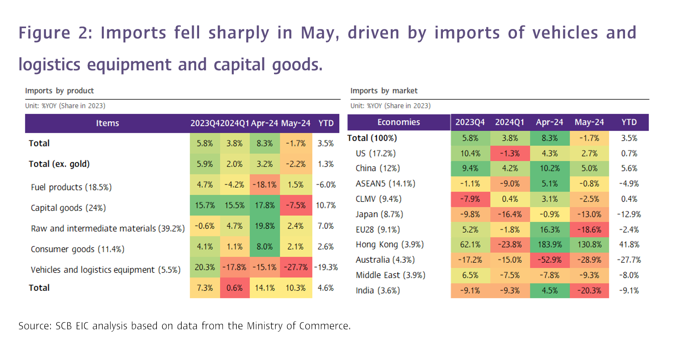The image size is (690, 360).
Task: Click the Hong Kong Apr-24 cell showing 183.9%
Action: pyautogui.click(x=550, y=245)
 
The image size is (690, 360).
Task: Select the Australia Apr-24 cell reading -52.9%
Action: pyautogui.click(x=550, y=260)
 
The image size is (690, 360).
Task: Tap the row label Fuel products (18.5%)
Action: pyautogui.click(x=71, y=187)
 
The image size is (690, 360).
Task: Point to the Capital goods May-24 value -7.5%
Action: pyautogui.click(x=296, y=205)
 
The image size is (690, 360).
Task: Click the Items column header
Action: pyautogui.click(x=107, y=123)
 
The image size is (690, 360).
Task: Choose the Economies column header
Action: pyautogui.click(x=398, y=122)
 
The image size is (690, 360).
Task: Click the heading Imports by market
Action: pyautogui.click(x=384, y=91)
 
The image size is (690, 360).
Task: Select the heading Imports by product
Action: pyautogui.click(x=59, y=91)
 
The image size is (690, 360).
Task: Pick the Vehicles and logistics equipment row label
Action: pyautogui.click(x=106, y=270)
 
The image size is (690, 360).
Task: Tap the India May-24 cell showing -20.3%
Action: pyautogui.click(x=589, y=290)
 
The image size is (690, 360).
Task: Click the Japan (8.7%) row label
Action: pyautogui.click(x=379, y=214)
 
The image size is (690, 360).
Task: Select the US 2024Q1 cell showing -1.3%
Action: pyautogui.click(x=510, y=154)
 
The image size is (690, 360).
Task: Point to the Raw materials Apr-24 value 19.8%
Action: pyautogui.click(x=264, y=226)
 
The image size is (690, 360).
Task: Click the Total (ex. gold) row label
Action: pyautogui.click(x=59, y=164)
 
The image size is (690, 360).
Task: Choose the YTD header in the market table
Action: pyautogui.click(x=629, y=122)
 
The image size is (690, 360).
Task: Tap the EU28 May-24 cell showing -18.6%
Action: pyautogui.click(x=589, y=230)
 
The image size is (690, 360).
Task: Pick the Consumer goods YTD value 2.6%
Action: pyautogui.click(x=326, y=247)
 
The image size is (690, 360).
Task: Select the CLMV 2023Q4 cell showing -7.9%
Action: pyautogui.click(x=470, y=199)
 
